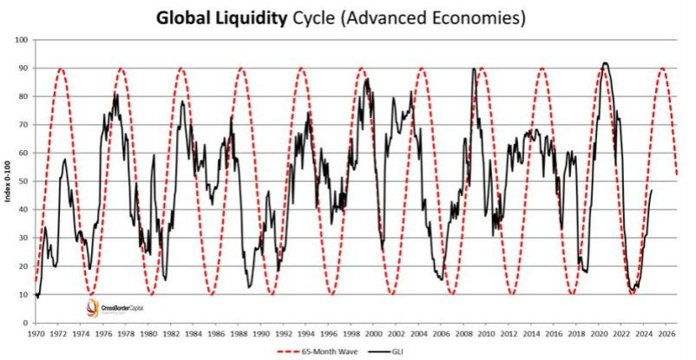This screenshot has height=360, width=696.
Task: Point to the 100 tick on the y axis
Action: pos(21,40)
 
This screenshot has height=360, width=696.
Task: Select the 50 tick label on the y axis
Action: pos(23,181)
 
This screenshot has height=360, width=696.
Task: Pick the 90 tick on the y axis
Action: pos(23,69)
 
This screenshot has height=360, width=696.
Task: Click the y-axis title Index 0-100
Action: pos(8,181)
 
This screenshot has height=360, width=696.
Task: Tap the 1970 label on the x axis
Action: pos(35,331)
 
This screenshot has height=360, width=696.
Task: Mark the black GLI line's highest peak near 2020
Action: pos(604,63)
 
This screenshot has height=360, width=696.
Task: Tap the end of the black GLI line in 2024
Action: pos(652,190)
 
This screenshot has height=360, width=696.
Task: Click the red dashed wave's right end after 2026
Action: pos(677,175)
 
